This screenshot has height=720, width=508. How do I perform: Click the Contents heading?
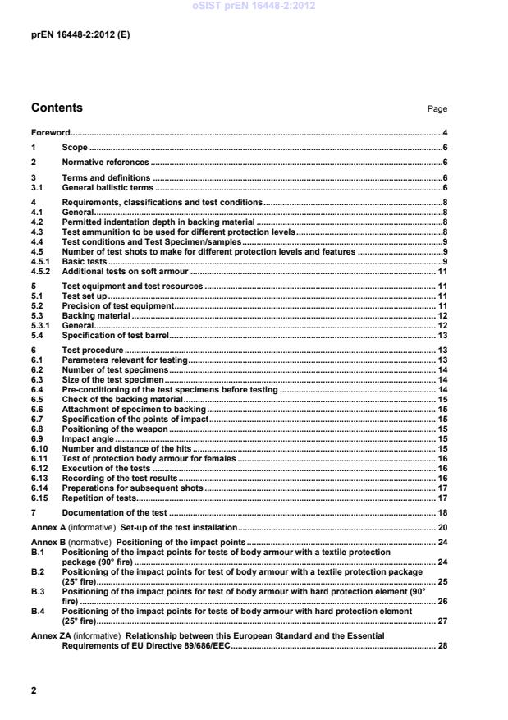click(57, 108)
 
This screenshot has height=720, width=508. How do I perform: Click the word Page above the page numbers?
click(437, 109)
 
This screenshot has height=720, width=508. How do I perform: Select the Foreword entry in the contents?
click(50, 132)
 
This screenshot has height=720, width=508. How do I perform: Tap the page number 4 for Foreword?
click(444, 132)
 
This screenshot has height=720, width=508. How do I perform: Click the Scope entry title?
click(76, 148)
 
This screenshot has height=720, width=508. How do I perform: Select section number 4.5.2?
click(40, 271)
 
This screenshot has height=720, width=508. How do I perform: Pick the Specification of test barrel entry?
click(116, 335)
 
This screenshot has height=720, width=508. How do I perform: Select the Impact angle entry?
click(88, 439)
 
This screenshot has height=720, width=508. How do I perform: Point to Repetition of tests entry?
click(98, 498)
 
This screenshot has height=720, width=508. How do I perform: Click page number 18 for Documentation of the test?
click(442, 512)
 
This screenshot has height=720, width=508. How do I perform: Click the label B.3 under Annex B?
click(37, 589)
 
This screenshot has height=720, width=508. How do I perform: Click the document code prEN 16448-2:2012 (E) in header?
click(80, 35)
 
